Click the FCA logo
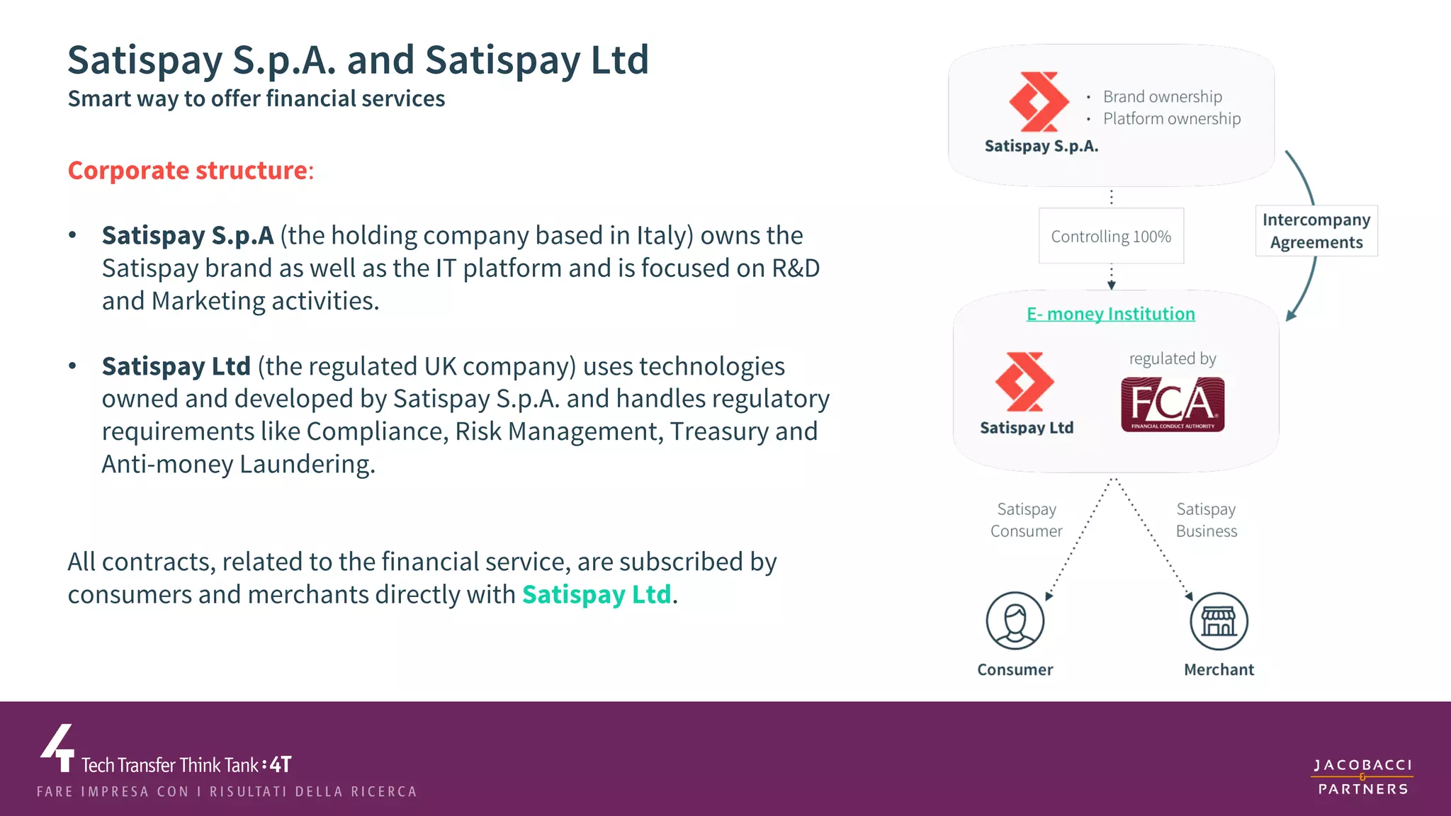[x=1173, y=404]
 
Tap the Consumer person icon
[x=1015, y=620]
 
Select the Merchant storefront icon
[x=1219, y=621]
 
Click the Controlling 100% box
[x=1111, y=236]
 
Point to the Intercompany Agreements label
[x=1316, y=231]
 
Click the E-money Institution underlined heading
[x=1111, y=314]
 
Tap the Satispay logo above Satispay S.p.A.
[x=1039, y=102]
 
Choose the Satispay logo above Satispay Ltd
[x=1024, y=382]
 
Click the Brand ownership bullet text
[x=1162, y=96]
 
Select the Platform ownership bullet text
[x=1172, y=118]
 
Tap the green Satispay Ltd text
[x=597, y=594]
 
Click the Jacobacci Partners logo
[x=1362, y=777]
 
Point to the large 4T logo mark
[x=58, y=748]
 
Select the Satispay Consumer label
[x=1027, y=520]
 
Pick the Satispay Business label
[x=1207, y=520]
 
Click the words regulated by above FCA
[x=1173, y=358]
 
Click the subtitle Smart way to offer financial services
[x=256, y=98]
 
